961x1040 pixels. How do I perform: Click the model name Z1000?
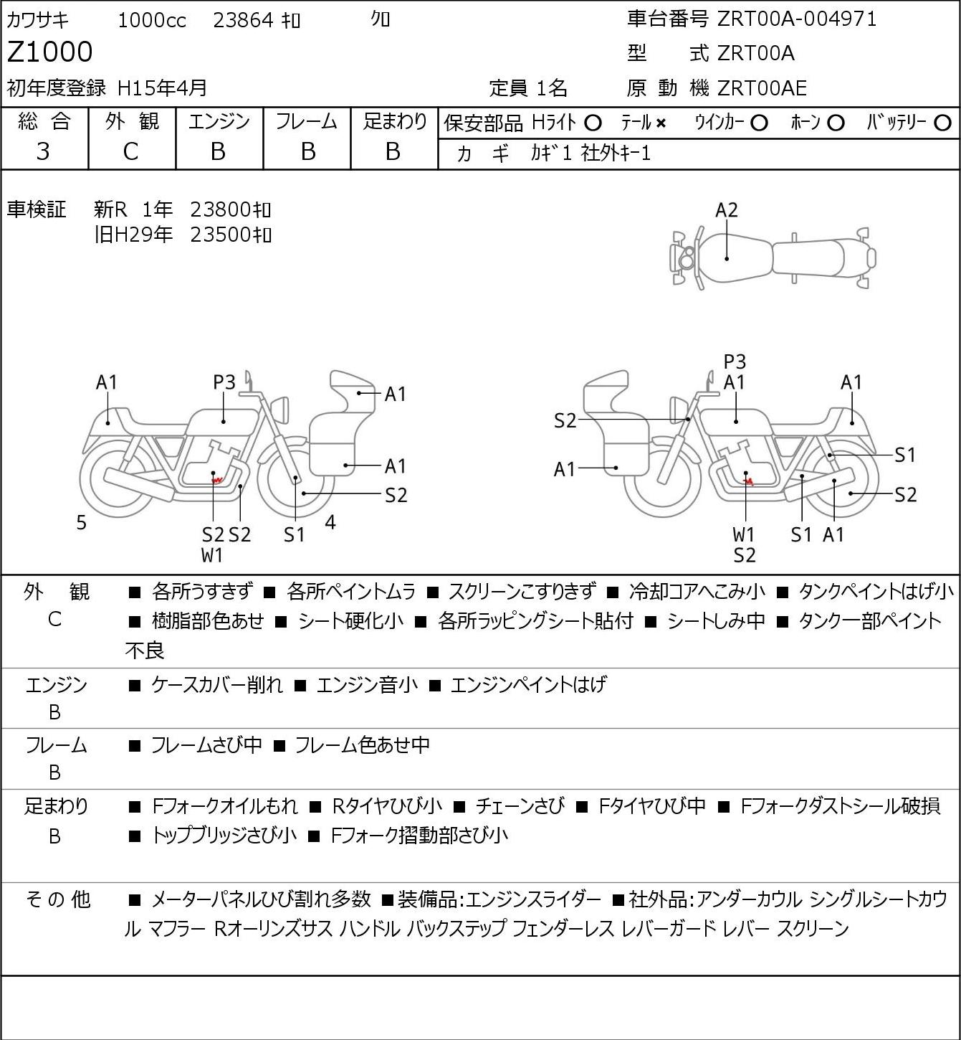pos(49,52)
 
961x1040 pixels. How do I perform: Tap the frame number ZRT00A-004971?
pos(797,19)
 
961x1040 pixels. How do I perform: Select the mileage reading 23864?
pos(244,20)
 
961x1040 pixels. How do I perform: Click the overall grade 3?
pos(43,151)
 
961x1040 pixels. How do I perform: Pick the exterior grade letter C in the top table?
pos(130,152)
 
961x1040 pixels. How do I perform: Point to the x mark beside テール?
pos(661,123)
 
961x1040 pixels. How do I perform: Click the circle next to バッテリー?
pos(942,123)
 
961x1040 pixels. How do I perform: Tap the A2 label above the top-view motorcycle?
pos(727,210)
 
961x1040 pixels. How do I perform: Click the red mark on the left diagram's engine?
pos(216,479)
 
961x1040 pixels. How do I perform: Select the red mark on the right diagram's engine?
pos(750,481)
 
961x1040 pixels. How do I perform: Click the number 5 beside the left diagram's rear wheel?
pos(81,522)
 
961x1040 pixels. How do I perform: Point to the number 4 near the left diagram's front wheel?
pos(330,521)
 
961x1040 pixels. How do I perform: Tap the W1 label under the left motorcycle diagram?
pos(212,555)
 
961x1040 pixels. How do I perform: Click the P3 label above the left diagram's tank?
pos(224,382)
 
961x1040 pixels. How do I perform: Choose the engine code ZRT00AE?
pos(762,88)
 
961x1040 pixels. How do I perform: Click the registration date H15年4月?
pos(162,88)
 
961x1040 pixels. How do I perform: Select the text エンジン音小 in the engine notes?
pos(367,684)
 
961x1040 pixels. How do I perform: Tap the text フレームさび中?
pos(206,744)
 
